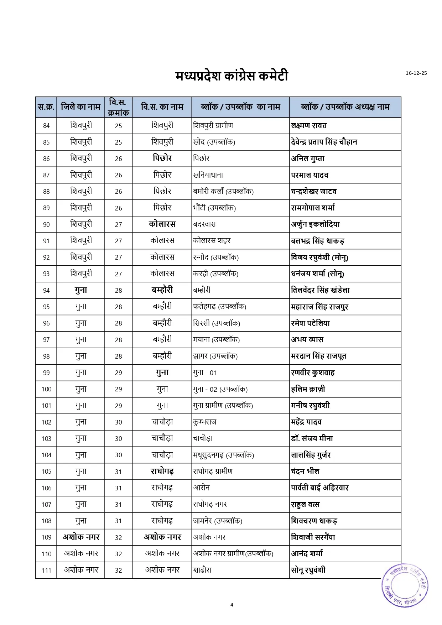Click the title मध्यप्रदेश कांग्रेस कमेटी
coord(232,76)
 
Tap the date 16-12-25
coord(416,73)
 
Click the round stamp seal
coord(405,585)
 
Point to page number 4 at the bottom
coord(232,605)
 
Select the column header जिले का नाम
coord(80,107)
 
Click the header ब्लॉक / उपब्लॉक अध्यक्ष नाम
coord(345,107)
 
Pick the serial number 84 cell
coord(46,126)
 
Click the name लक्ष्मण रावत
coord(309,126)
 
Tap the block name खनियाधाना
coord(208,175)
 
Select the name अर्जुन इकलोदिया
coord(315,224)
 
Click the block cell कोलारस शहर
coord(212,241)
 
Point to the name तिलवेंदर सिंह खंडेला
coord(320,290)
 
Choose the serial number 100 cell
coord(46,389)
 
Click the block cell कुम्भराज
coord(204,422)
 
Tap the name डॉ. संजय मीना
coord(312,438)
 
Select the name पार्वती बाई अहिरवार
coord(319,488)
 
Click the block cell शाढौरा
coord(202,570)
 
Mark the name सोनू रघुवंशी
coord(308,570)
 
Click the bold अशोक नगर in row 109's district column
coord(81,537)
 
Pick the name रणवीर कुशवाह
coord(313,373)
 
